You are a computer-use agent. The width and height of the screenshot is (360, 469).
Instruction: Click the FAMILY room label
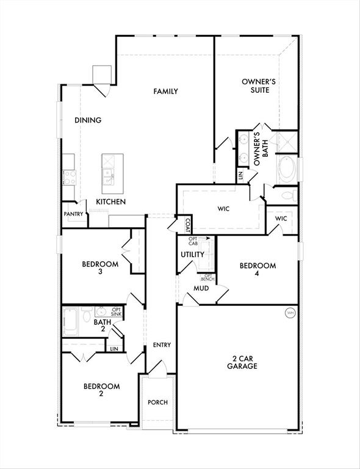(x=165, y=92)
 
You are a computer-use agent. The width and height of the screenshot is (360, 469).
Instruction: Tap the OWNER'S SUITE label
(x=255, y=85)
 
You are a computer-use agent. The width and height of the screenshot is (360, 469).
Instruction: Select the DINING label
(x=88, y=120)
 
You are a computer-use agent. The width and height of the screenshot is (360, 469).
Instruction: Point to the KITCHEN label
(x=110, y=202)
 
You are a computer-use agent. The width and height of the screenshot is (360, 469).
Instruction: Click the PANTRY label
(x=73, y=214)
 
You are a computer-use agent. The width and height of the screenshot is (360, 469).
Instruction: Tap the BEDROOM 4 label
(x=257, y=270)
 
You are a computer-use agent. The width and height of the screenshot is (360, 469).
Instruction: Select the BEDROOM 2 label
(x=101, y=390)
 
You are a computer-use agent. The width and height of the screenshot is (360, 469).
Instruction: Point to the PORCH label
(x=157, y=402)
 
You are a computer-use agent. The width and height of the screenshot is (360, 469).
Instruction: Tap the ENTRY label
(x=162, y=345)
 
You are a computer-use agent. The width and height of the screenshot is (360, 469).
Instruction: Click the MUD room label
(x=201, y=288)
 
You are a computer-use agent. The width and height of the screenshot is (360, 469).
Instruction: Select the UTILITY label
(x=192, y=255)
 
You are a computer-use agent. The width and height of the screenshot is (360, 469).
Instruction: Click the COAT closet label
(x=187, y=225)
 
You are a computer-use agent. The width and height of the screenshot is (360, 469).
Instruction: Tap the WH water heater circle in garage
(x=290, y=313)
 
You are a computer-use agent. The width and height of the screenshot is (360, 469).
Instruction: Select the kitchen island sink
(x=109, y=177)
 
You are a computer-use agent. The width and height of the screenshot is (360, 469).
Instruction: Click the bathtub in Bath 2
(x=71, y=321)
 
